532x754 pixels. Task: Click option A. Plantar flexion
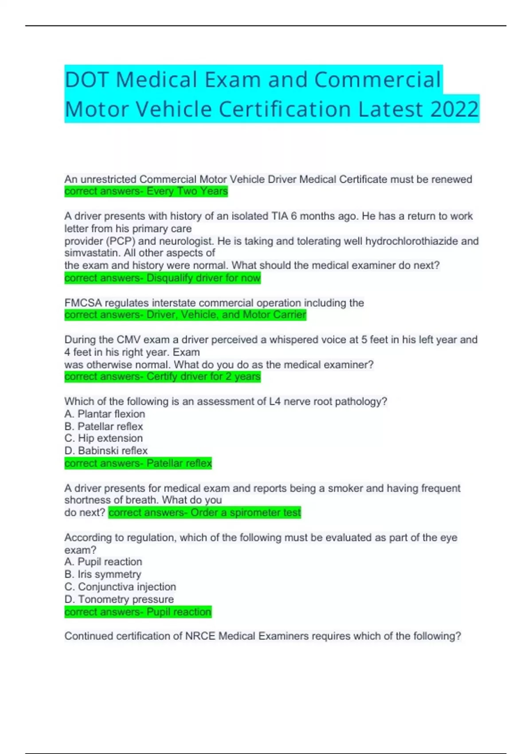click(x=105, y=414)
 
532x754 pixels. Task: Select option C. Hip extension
click(x=104, y=438)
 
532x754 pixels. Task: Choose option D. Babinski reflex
click(x=106, y=451)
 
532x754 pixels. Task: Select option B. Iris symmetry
click(x=103, y=574)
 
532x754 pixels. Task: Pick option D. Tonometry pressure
click(x=119, y=599)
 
